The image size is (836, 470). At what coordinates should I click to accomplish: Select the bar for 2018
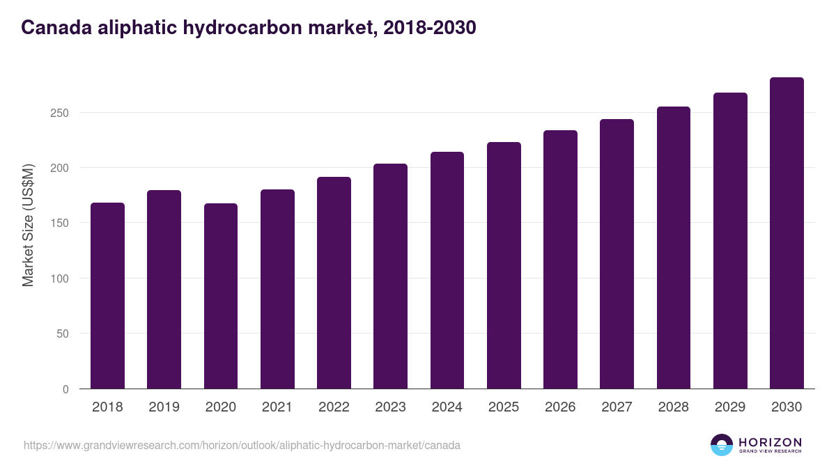107,296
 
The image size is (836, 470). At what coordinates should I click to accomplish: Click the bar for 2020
221,296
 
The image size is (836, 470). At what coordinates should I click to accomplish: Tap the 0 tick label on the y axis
65,389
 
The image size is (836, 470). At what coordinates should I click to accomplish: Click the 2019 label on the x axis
164,407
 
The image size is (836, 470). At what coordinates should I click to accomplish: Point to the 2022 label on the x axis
334,407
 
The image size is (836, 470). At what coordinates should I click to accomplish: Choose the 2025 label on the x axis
504,407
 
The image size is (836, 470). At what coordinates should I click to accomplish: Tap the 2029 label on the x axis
730,407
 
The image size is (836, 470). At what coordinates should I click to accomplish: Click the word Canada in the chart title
55,27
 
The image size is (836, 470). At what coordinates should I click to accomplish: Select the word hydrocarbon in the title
250,27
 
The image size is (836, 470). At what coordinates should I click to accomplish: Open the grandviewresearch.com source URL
242,445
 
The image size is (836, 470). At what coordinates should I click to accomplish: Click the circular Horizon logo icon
721,445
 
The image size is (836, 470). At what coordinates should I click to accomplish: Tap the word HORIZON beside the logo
770,441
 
